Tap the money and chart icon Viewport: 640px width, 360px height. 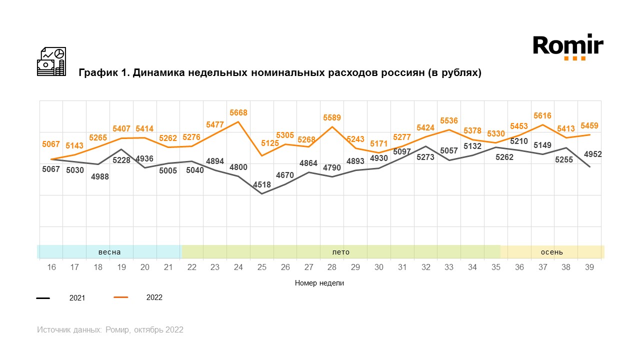point(51,61)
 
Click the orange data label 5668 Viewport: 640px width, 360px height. point(238,113)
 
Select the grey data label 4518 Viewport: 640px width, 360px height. point(261,185)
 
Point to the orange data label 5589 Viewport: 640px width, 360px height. point(332,118)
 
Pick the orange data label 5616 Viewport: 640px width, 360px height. point(542,116)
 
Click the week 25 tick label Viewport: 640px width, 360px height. point(262,267)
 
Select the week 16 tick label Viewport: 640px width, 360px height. point(51,267)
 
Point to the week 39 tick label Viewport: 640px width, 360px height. point(589,267)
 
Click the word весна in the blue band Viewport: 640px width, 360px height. point(109,252)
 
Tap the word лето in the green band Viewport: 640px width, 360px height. point(341,252)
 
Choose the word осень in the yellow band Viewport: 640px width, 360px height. point(552,252)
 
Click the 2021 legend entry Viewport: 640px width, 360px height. point(77,298)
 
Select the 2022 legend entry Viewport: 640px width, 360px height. point(154,297)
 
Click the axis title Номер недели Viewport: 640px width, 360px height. point(319,283)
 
